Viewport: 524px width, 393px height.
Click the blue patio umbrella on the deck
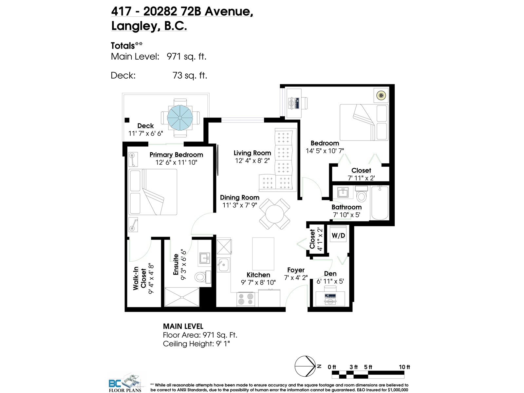(179, 118)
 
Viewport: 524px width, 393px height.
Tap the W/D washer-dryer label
(338, 235)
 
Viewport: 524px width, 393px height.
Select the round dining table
(274, 215)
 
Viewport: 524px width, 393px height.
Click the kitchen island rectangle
(263, 253)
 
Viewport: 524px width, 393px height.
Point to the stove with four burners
(246, 299)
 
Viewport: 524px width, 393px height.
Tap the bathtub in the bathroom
(380, 203)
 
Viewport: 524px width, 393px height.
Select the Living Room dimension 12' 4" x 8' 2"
(252, 160)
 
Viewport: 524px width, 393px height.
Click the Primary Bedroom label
(176, 155)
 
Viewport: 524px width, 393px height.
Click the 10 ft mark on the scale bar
(404, 367)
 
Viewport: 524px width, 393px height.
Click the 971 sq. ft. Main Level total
(186, 56)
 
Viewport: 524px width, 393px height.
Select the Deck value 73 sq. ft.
(190, 75)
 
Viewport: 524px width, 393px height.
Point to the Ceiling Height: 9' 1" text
(196, 344)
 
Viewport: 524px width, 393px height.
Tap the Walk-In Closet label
(140, 278)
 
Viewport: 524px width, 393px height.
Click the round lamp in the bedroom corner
(381, 96)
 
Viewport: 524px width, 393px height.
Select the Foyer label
(296, 270)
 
